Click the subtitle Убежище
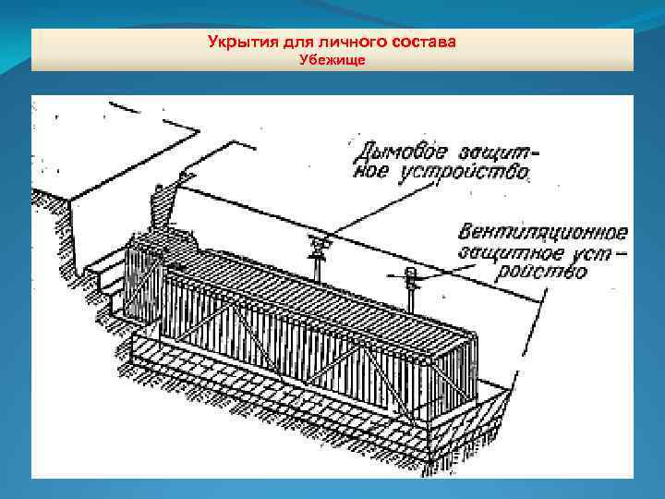332,60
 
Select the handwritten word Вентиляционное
547,231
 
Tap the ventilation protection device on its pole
411,274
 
